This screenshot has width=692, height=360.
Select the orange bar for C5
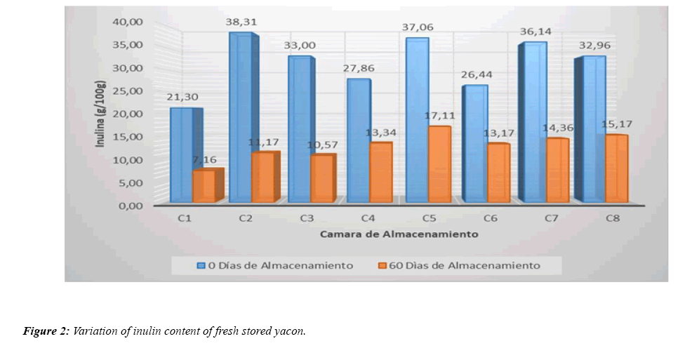(438, 165)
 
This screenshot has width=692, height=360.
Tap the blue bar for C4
(358, 140)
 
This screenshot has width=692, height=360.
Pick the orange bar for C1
(204, 186)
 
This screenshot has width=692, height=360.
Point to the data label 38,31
(241, 22)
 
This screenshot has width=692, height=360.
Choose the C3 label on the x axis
(306, 219)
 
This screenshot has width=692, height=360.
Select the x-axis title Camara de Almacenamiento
(399, 234)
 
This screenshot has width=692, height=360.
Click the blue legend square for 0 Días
(201, 265)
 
